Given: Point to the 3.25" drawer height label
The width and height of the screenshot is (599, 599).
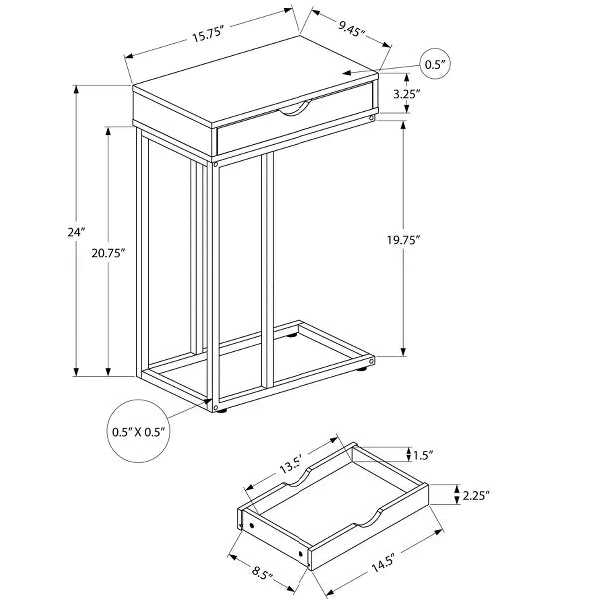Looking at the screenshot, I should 405,94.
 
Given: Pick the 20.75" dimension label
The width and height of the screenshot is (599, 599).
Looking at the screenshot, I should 107,254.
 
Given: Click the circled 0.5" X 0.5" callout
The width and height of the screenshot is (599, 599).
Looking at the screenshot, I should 139,432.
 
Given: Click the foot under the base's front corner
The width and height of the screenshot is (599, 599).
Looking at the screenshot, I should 221,409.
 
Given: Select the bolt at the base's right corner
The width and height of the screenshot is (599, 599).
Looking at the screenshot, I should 371,357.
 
